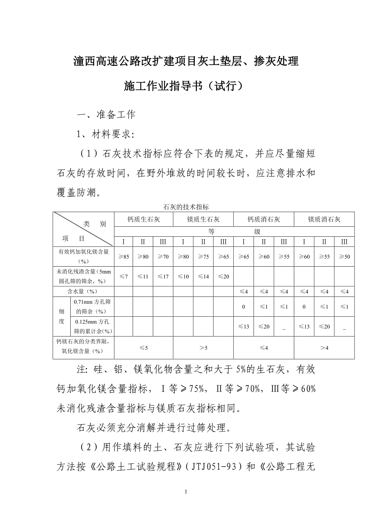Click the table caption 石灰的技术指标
186,207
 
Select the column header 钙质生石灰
144,219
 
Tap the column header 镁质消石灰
324,219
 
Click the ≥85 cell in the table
123,257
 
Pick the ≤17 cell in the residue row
163,277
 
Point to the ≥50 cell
344,257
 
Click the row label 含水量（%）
82,291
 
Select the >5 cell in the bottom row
203,348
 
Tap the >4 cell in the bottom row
324,348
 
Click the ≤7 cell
123,277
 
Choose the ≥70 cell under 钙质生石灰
163,257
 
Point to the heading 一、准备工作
106,114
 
